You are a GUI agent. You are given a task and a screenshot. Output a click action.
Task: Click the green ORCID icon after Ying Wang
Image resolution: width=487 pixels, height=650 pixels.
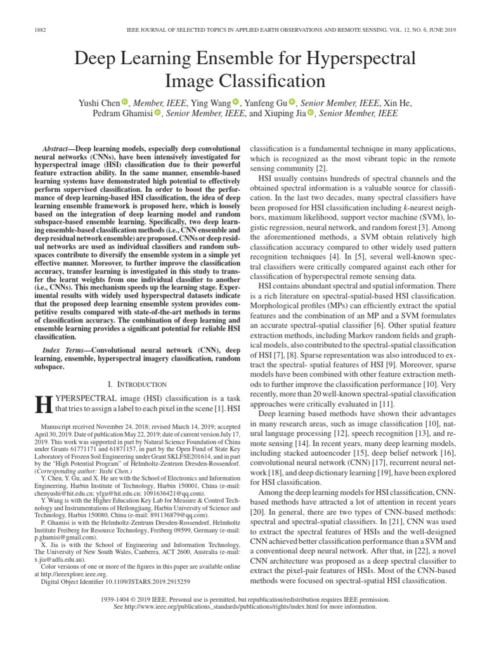pos(236,102)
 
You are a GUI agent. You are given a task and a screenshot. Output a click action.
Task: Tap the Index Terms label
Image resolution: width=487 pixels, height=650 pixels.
pos(63,350)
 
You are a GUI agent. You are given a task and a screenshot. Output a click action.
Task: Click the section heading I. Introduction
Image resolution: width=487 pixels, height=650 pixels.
pos(138,385)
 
